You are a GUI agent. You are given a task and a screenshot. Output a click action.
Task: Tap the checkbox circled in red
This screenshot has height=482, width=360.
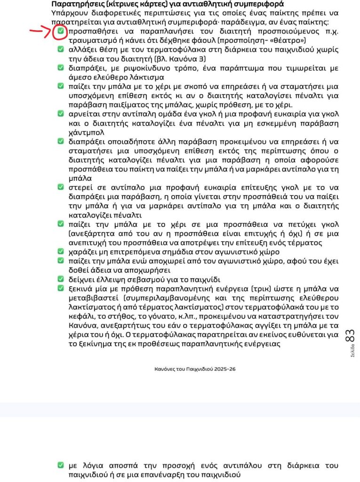click(60, 32)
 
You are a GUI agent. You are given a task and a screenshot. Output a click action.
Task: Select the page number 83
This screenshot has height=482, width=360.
click(350, 337)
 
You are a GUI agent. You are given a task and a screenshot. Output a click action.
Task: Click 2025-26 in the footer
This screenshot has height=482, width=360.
click(221, 369)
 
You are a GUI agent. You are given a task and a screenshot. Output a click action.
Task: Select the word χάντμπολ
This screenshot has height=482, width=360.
click(84, 133)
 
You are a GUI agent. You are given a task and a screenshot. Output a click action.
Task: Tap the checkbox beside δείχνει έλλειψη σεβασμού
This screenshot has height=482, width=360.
click(60, 279)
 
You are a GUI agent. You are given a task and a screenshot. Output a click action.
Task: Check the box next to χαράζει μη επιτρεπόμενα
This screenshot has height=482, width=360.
click(60, 252)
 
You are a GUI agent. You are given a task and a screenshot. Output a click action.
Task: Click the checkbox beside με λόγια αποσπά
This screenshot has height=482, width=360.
click(60, 466)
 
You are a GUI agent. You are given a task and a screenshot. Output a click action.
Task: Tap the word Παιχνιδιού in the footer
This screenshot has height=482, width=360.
click(197, 369)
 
